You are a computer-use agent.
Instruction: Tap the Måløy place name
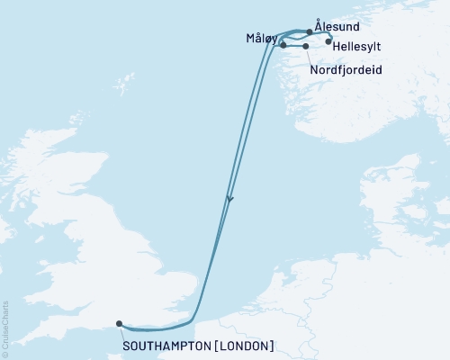pyautogui.click(x=260, y=39)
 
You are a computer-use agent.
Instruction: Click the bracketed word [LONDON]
pyautogui.click(x=244, y=345)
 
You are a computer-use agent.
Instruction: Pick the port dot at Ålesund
pyautogui.click(x=310, y=31)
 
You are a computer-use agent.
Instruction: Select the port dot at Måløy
pyautogui.click(x=283, y=45)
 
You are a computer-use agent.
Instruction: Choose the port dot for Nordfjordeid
pyautogui.click(x=306, y=46)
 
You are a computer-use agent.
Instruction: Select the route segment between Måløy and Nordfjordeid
pyautogui.click(x=294, y=46)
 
